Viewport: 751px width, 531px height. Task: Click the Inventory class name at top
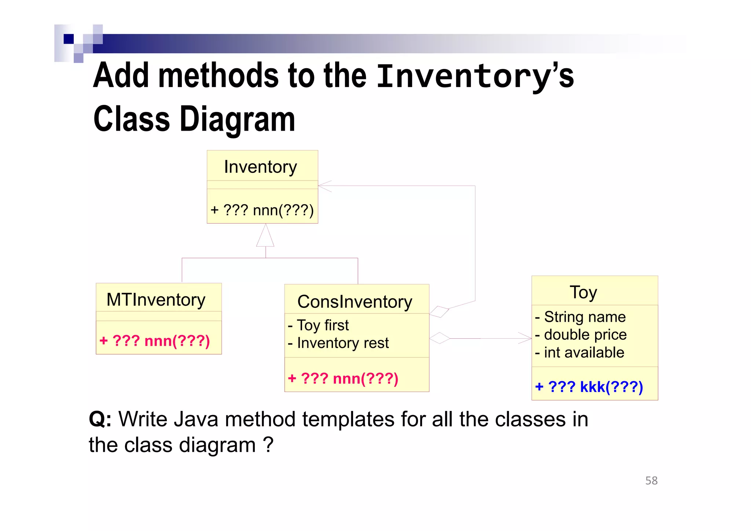tap(260, 167)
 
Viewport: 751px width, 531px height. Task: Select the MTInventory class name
tap(156, 300)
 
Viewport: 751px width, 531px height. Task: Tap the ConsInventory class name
tap(355, 302)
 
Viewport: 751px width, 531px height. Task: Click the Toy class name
tap(583, 292)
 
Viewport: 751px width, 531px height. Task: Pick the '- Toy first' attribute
tap(318, 325)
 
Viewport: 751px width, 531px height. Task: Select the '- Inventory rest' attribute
tap(338, 343)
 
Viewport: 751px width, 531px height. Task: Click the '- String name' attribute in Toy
tap(580, 317)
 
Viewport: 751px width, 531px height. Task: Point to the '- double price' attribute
tap(581, 335)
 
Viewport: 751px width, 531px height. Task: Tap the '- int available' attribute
tap(580, 353)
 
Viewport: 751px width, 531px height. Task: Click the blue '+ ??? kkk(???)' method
tap(589, 387)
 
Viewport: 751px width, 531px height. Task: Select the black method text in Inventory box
tap(262, 211)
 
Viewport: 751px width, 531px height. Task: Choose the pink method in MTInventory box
tap(155, 341)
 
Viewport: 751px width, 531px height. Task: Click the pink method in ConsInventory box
tap(343, 378)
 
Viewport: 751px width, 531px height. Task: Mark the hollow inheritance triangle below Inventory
tap(265, 236)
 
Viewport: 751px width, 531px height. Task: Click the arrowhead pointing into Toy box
tap(525, 338)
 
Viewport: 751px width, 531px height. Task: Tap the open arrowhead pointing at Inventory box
tap(324, 186)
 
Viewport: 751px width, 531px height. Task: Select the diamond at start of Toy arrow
tap(439, 338)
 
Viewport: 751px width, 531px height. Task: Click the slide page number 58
tap(651, 481)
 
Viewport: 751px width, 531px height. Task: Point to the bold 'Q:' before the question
tap(100, 419)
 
